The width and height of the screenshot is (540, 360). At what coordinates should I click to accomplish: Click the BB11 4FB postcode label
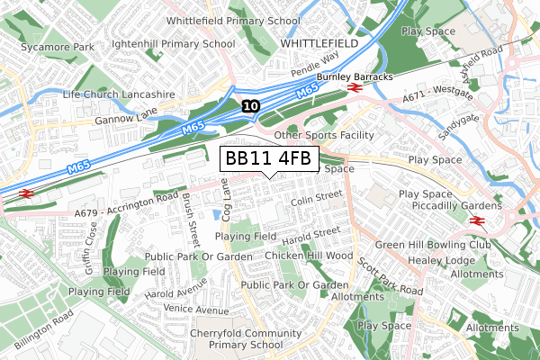pos(268,159)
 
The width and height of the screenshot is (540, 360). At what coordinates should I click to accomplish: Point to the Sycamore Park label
pos(58,45)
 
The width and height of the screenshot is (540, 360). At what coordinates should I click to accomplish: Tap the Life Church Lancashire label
pos(119,94)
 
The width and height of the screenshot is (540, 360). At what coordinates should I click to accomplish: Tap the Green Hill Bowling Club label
pos(433,244)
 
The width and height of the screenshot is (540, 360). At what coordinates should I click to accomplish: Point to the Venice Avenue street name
pos(198,310)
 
